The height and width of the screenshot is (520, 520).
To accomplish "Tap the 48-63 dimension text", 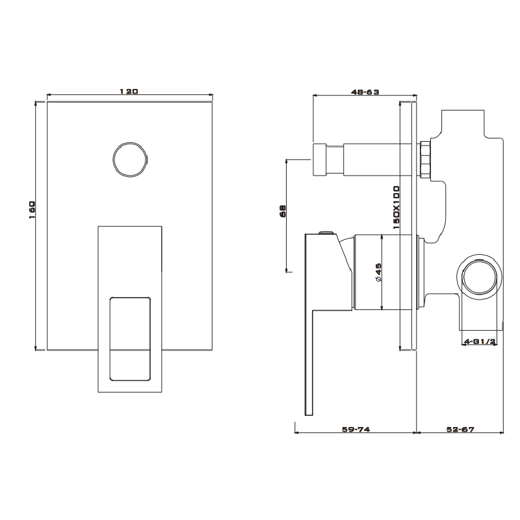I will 365,92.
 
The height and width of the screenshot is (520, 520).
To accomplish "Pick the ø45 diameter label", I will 378,271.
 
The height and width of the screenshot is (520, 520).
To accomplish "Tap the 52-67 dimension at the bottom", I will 461,429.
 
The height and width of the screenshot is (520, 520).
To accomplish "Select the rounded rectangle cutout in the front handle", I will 130,339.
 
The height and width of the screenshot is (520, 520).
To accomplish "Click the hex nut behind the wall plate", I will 426,159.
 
